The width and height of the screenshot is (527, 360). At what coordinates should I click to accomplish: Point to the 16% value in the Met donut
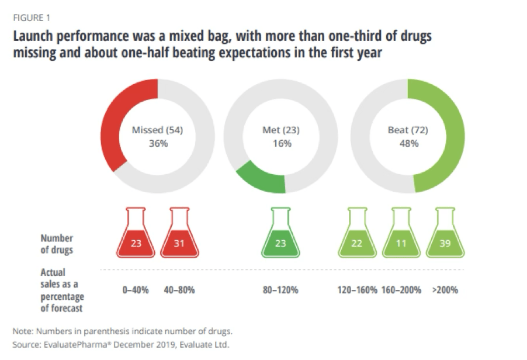pyautogui.click(x=281, y=143)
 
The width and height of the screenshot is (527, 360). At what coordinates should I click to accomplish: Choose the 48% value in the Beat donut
pyautogui.click(x=408, y=143)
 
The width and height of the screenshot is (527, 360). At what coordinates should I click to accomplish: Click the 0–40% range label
pyautogui.click(x=136, y=290)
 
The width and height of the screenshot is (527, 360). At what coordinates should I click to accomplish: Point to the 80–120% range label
pyautogui.click(x=280, y=290)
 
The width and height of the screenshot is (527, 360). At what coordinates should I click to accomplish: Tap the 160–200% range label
pyautogui.click(x=401, y=290)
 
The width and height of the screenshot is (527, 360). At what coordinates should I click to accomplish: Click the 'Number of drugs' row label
pyautogui.click(x=57, y=243)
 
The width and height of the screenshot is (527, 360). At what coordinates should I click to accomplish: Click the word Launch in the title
pyautogui.click(x=36, y=36)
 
